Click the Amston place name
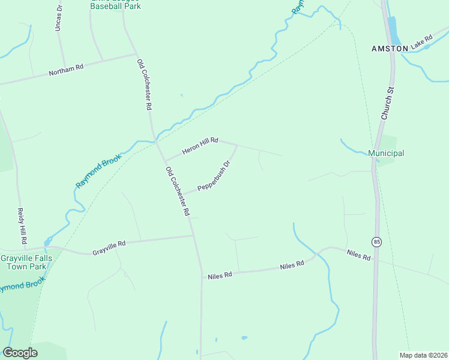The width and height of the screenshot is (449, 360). point(390,48)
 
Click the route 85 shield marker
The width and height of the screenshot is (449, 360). point(376,242)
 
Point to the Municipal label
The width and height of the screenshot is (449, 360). point(386,153)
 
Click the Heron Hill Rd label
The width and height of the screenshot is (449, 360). point(200,145)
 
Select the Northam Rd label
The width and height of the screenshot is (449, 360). point(67,70)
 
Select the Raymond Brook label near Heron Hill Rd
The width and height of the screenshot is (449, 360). point(99,171)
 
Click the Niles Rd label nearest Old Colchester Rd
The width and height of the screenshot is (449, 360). point(220,276)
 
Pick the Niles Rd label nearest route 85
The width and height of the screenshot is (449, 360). point(359,255)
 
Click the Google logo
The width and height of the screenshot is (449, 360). point(20,353)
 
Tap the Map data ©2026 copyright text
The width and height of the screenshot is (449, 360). point(423,355)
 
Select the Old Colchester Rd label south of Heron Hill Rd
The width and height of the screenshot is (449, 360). point(178,191)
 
